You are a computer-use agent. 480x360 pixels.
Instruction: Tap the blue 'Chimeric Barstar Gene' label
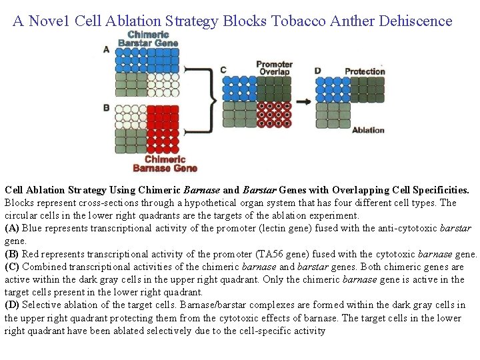[x=148, y=39]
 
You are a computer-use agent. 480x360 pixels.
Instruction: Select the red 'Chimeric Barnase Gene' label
[x=165, y=163]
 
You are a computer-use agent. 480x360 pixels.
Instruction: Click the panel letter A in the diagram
[x=107, y=49]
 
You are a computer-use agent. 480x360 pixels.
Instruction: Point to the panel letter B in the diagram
[x=107, y=107]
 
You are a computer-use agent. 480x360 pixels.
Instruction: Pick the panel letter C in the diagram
[x=223, y=70]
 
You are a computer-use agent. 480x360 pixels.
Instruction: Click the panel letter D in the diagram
[x=317, y=70]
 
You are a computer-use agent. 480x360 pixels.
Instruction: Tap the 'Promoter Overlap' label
[x=274, y=68]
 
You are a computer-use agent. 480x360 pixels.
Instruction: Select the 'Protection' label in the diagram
[x=365, y=71]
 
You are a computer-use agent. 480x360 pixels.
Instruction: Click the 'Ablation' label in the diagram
[x=368, y=130]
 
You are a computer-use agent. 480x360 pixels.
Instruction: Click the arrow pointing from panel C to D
[x=303, y=101]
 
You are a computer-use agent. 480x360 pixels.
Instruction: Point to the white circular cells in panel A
[x=163, y=85]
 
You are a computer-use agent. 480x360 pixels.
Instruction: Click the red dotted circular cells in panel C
[x=274, y=114]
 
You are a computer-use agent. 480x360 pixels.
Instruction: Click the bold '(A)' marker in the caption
[x=12, y=228]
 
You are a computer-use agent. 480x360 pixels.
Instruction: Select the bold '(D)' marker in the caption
[x=12, y=305]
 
